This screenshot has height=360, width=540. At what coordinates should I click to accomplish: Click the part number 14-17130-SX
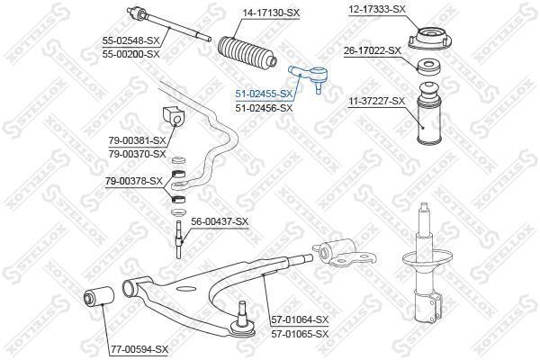[x=271, y=13]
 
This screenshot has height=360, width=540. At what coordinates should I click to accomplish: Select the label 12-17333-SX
[x=377, y=9]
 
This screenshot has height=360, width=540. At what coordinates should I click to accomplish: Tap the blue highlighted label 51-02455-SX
[x=264, y=94]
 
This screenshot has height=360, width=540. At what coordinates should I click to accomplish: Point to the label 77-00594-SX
[x=139, y=349]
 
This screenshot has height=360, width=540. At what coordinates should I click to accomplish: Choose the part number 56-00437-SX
[x=220, y=221]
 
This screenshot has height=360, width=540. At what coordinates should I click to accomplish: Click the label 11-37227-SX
[x=376, y=101]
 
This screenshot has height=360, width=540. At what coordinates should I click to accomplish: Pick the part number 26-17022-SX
[x=373, y=50]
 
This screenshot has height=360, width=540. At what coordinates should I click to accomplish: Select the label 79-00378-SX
[x=133, y=181]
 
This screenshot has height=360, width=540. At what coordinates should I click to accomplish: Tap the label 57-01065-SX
[x=300, y=334]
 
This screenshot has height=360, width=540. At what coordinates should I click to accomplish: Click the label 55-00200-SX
[x=130, y=54]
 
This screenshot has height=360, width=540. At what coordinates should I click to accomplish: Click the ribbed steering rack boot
[x=247, y=53]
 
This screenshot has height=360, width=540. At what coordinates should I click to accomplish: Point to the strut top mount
[x=429, y=40]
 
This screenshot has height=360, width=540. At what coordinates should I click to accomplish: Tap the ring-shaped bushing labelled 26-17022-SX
[x=428, y=67]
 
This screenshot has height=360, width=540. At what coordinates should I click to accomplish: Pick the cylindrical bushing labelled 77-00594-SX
[x=99, y=295]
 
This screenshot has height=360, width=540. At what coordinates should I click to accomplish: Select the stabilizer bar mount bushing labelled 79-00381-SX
[x=173, y=116]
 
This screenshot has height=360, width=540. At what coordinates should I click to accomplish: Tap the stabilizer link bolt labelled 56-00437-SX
[x=179, y=239]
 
